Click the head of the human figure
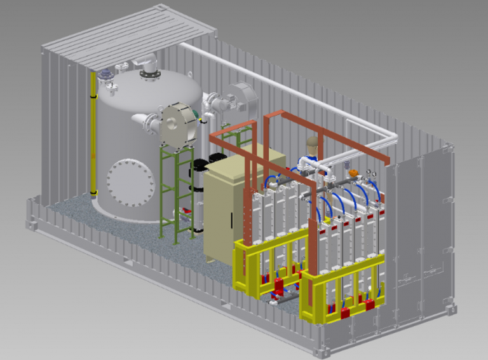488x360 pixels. [x=311, y=144]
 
